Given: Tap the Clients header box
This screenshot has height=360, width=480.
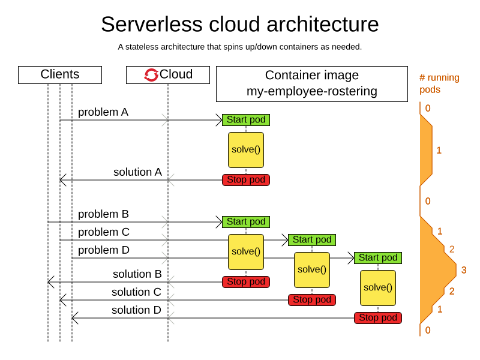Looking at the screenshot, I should [60, 75].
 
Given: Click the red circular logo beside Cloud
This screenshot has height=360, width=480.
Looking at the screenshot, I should [151, 75].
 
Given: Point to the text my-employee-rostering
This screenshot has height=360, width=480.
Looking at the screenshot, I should [311, 91].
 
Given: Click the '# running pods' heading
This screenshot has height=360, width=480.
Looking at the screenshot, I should [439, 83].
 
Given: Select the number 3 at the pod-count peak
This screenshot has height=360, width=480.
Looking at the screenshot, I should [463, 271].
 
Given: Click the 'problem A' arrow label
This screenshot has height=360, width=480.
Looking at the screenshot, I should [103, 112].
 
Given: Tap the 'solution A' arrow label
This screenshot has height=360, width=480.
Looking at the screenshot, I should [137, 172].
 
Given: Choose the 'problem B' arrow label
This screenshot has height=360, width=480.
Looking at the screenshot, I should [103, 214].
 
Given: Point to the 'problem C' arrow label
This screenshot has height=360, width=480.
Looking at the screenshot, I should [103, 232].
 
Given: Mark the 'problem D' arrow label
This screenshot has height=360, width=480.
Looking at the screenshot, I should [103, 250].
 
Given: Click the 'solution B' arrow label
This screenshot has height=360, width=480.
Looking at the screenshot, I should [137, 274].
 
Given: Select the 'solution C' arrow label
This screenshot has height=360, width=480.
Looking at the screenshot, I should [136, 292].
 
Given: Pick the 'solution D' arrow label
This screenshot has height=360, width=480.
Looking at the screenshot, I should [136, 310].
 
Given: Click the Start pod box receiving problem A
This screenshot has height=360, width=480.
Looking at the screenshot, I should [246, 120].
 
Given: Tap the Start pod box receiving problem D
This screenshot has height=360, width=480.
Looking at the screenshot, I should [378, 258].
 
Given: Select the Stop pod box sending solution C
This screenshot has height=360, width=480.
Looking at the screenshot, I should [312, 300].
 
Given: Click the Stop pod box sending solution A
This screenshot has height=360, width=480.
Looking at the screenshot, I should [246, 180].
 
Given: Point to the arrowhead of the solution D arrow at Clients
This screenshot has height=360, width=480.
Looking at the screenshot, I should [74, 318].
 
